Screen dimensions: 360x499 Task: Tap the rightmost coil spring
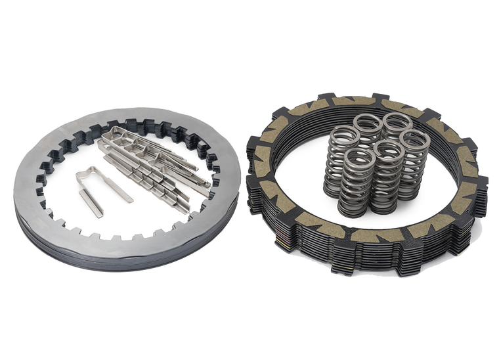(414, 164)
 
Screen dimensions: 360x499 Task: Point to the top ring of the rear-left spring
(368, 122)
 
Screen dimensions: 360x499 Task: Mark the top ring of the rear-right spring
(396, 121)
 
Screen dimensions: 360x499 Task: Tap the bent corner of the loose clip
(81, 175)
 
